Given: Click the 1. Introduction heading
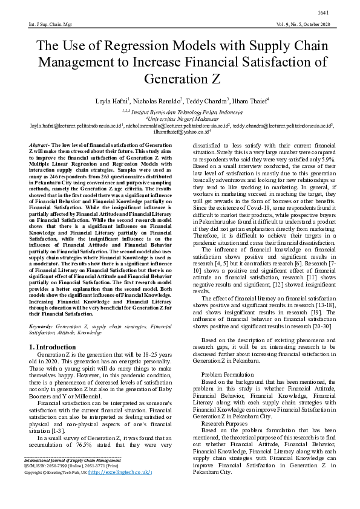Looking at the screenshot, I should tap(53, 347).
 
